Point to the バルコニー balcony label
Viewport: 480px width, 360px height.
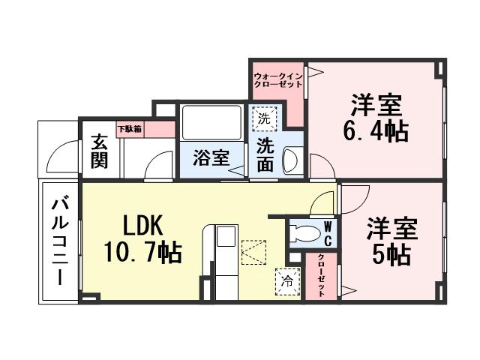[60, 240]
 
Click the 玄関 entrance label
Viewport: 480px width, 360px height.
[99, 151]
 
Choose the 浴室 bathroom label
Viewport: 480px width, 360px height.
[210, 158]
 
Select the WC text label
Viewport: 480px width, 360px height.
[328, 233]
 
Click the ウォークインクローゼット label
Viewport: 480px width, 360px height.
[277, 80]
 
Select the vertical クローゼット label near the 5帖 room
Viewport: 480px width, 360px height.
[321, 276]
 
